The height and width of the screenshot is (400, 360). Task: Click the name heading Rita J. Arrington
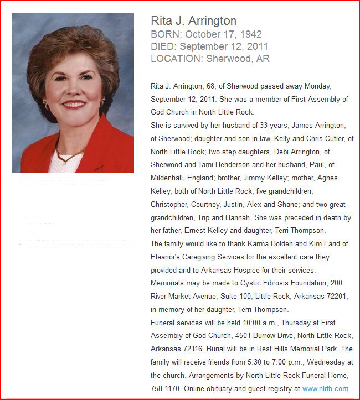(x=193, y=21)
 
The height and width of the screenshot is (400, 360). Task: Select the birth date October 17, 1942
(x=224, y=34)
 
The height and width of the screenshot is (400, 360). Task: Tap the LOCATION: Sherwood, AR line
(x=210, y=59)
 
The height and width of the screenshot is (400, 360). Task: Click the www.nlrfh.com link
(x=325, y=389)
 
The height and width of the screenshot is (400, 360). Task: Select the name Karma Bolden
(x=256, y=244)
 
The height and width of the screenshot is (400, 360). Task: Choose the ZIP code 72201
(x=335, y=297)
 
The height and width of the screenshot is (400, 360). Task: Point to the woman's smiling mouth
(x=74, y=104)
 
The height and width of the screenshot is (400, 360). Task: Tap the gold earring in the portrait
(x=102, y=103)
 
